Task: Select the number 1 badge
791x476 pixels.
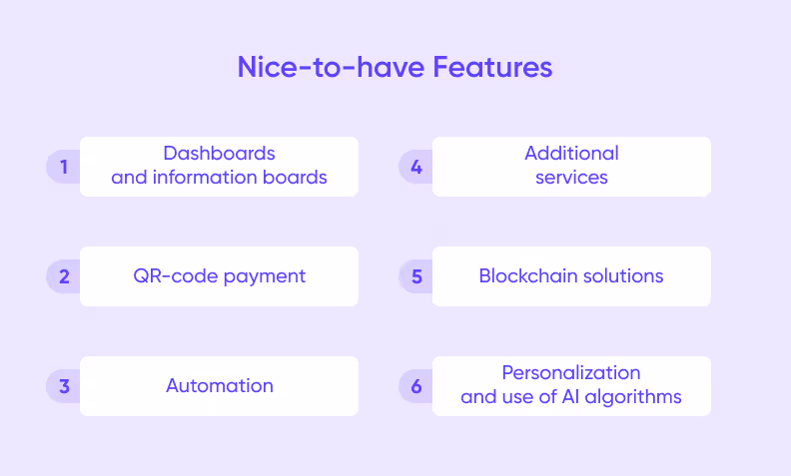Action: (64, 167)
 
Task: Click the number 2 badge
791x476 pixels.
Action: (64, 276)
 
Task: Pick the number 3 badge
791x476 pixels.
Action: (64, 386)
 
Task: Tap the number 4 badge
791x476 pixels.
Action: (416, 167)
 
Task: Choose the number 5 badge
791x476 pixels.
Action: (416, 276)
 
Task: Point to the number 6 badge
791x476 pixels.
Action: (416, 386)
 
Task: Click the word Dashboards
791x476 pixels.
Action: (220, 154)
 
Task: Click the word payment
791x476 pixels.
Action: (265, 276)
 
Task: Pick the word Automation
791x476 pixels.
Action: (220, 386)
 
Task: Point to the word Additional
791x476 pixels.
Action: (571, 154)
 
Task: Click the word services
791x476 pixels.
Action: (571, 178)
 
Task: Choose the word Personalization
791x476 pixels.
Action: (571, 373)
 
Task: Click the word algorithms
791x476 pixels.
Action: (635, 397)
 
